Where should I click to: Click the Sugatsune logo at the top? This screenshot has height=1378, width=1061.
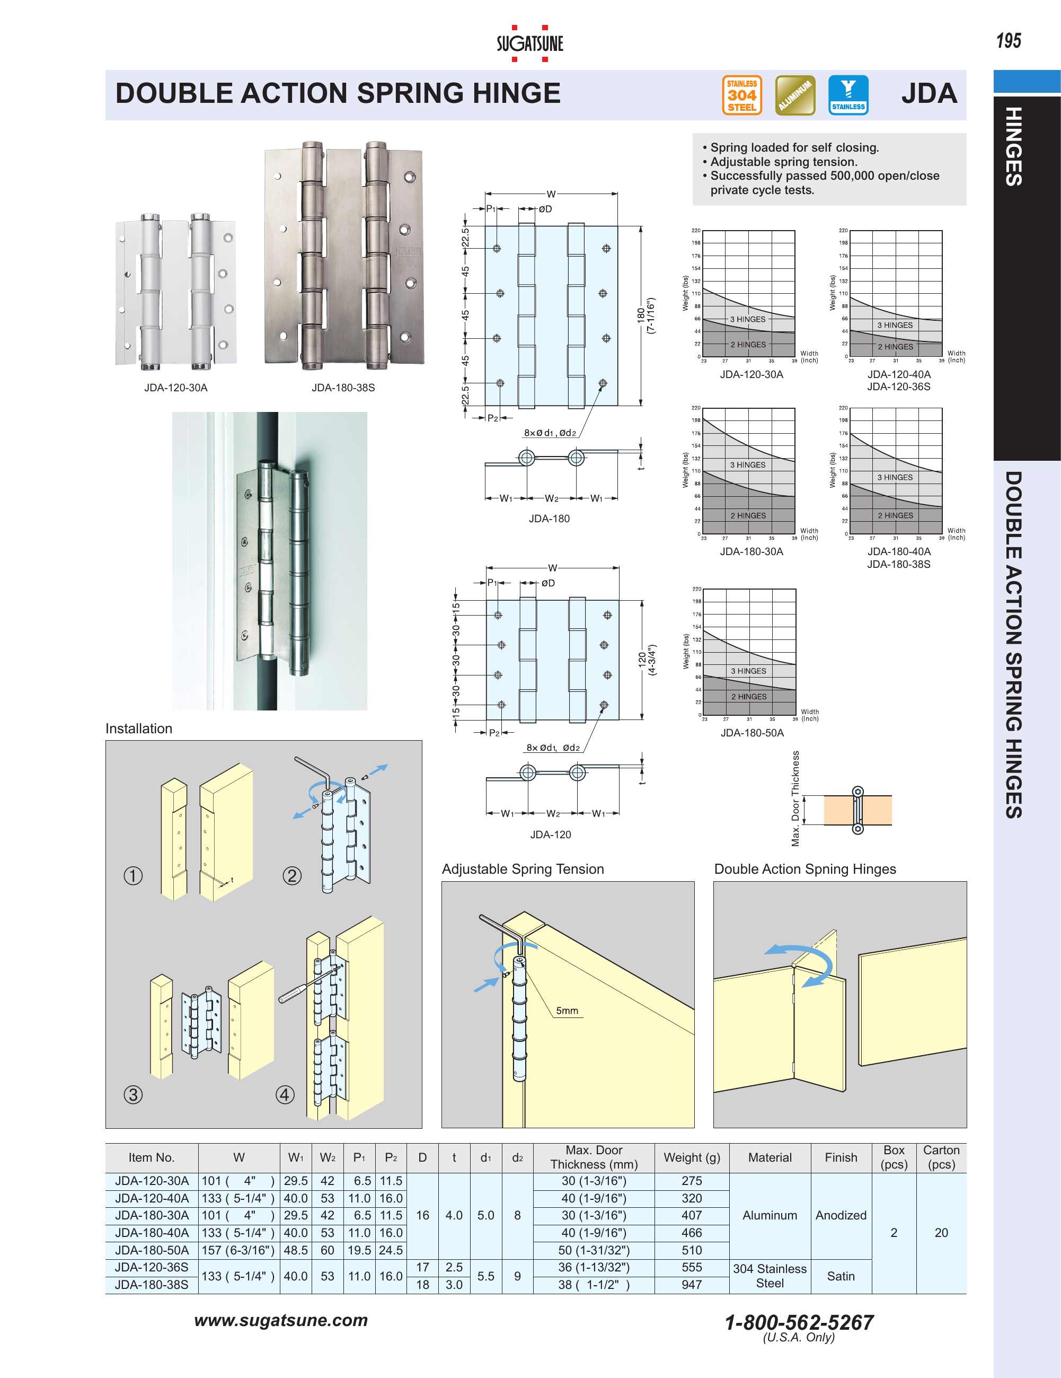click(x=529, y=43)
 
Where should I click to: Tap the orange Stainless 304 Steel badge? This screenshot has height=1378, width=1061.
click(x=742, y=95)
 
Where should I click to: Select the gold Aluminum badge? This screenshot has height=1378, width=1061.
click(x=795, y=95)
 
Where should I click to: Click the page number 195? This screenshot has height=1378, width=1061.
click(x=1008, y=41)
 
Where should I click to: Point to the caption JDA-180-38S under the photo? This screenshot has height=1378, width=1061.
click(x=343, y=388)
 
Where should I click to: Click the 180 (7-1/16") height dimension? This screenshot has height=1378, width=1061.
click(x=646, y=315)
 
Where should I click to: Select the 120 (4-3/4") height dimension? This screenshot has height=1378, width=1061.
click(x=647, y=660)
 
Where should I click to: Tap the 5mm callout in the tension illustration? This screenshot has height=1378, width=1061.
click(x=567, y=1010)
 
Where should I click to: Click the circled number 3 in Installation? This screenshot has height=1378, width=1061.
click(x=133, y=1094)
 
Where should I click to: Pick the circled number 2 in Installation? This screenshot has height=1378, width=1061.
click(x=291, y=875)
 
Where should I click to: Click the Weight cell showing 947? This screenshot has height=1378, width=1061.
click(x=692, y=1285)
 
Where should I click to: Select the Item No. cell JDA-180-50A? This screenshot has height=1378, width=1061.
click(x=152, y=1250)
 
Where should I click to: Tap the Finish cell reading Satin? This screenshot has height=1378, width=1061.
click(x=840, y=1276)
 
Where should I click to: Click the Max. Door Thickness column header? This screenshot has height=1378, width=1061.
click(x=594, y=1157)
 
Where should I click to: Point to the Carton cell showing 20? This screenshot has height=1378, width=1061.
click(x=941, y=1232)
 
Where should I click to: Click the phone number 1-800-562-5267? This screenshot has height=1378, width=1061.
click(x=799, y=1322)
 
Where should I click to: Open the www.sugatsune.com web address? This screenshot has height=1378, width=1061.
click(x=281, y=1320)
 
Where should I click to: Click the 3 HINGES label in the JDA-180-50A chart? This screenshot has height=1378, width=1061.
click(x=748, y=671)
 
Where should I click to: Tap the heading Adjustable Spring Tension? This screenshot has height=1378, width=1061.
click(x=523, y=869)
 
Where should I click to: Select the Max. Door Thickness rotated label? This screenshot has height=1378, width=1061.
click(x=795, y=798)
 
